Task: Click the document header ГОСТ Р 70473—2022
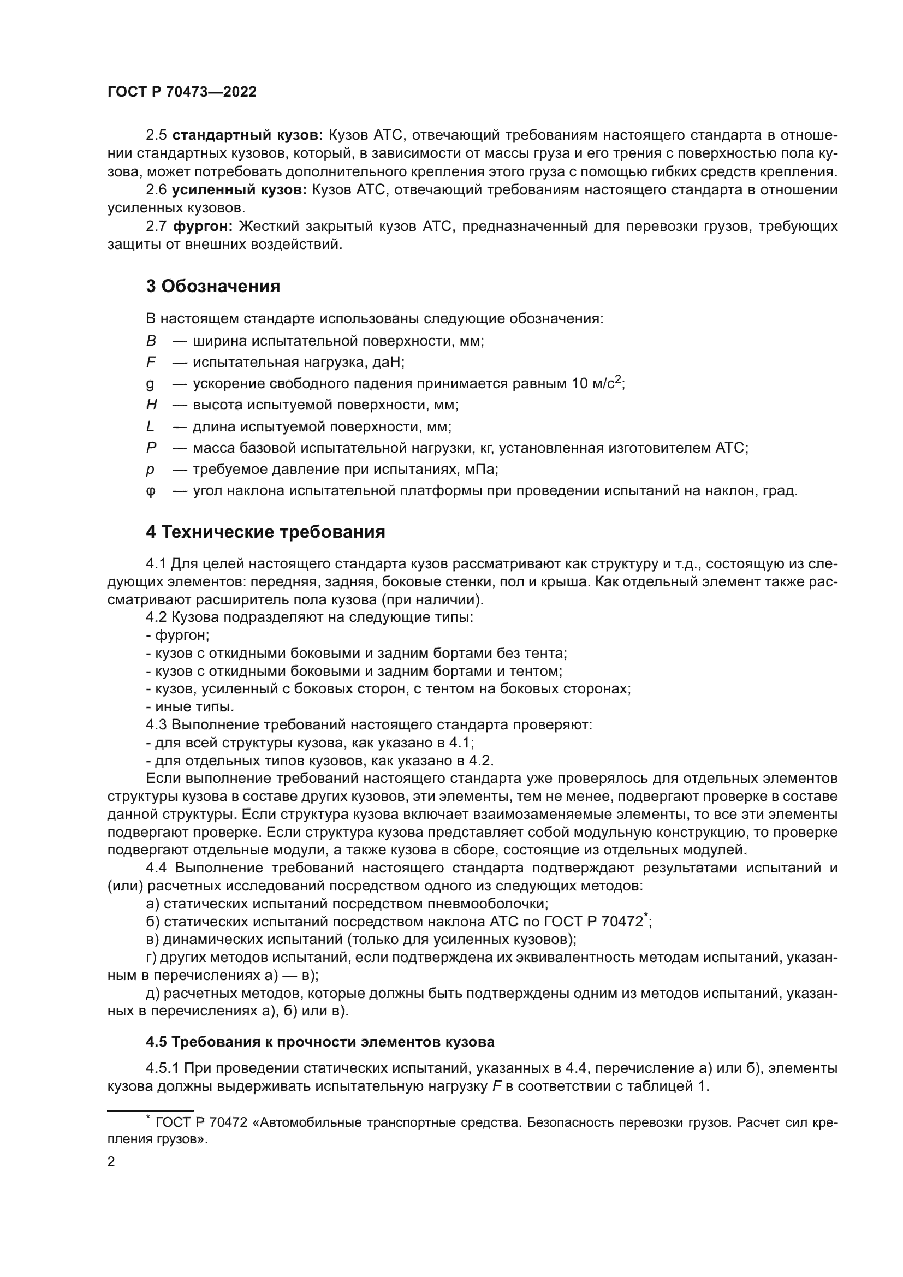(x=182, y=92)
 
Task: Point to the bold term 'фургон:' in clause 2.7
(x=203, y=227)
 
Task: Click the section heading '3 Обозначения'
(x=213, y=287)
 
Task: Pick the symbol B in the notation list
(x=151, y=341)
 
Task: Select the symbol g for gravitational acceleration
(x=150, y=384)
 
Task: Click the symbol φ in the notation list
(x=151, y=492)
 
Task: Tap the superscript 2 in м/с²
(x=618, y=380)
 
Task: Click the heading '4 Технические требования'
(x=265, y=532)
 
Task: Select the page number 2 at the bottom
(x=111, y=1162)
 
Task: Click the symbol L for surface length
(x=150, y=427)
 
